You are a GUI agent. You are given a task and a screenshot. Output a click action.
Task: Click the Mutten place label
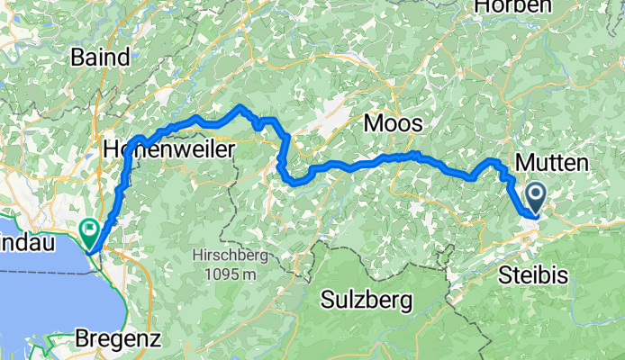pyautogui.click(x=552, y=163)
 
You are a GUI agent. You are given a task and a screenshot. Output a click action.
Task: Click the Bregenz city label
pyautogui.click(x=120, y=340)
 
